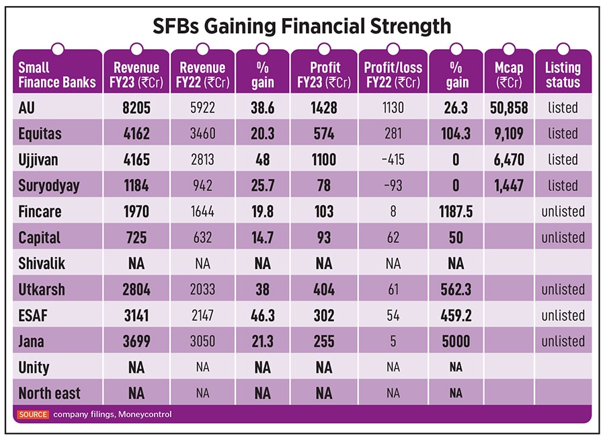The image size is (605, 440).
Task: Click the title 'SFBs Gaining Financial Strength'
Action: tap(302, 26)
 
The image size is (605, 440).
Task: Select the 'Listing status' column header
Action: tap(563, 75)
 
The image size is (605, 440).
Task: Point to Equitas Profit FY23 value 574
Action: tap(323, 134)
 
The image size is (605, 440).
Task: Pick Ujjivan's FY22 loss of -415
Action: tap(393, 159)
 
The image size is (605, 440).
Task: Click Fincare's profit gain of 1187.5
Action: tap(456, 212)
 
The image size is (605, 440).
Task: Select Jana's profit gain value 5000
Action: tap(456, 341)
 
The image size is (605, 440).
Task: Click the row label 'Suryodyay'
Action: tap(49, 186)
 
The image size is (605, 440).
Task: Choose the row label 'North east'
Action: tap(49, 394)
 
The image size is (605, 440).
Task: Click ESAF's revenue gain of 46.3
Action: tap(263, 316)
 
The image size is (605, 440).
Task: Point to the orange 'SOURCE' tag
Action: tap(33, 414)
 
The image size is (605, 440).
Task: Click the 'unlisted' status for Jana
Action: tap(563, 341)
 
